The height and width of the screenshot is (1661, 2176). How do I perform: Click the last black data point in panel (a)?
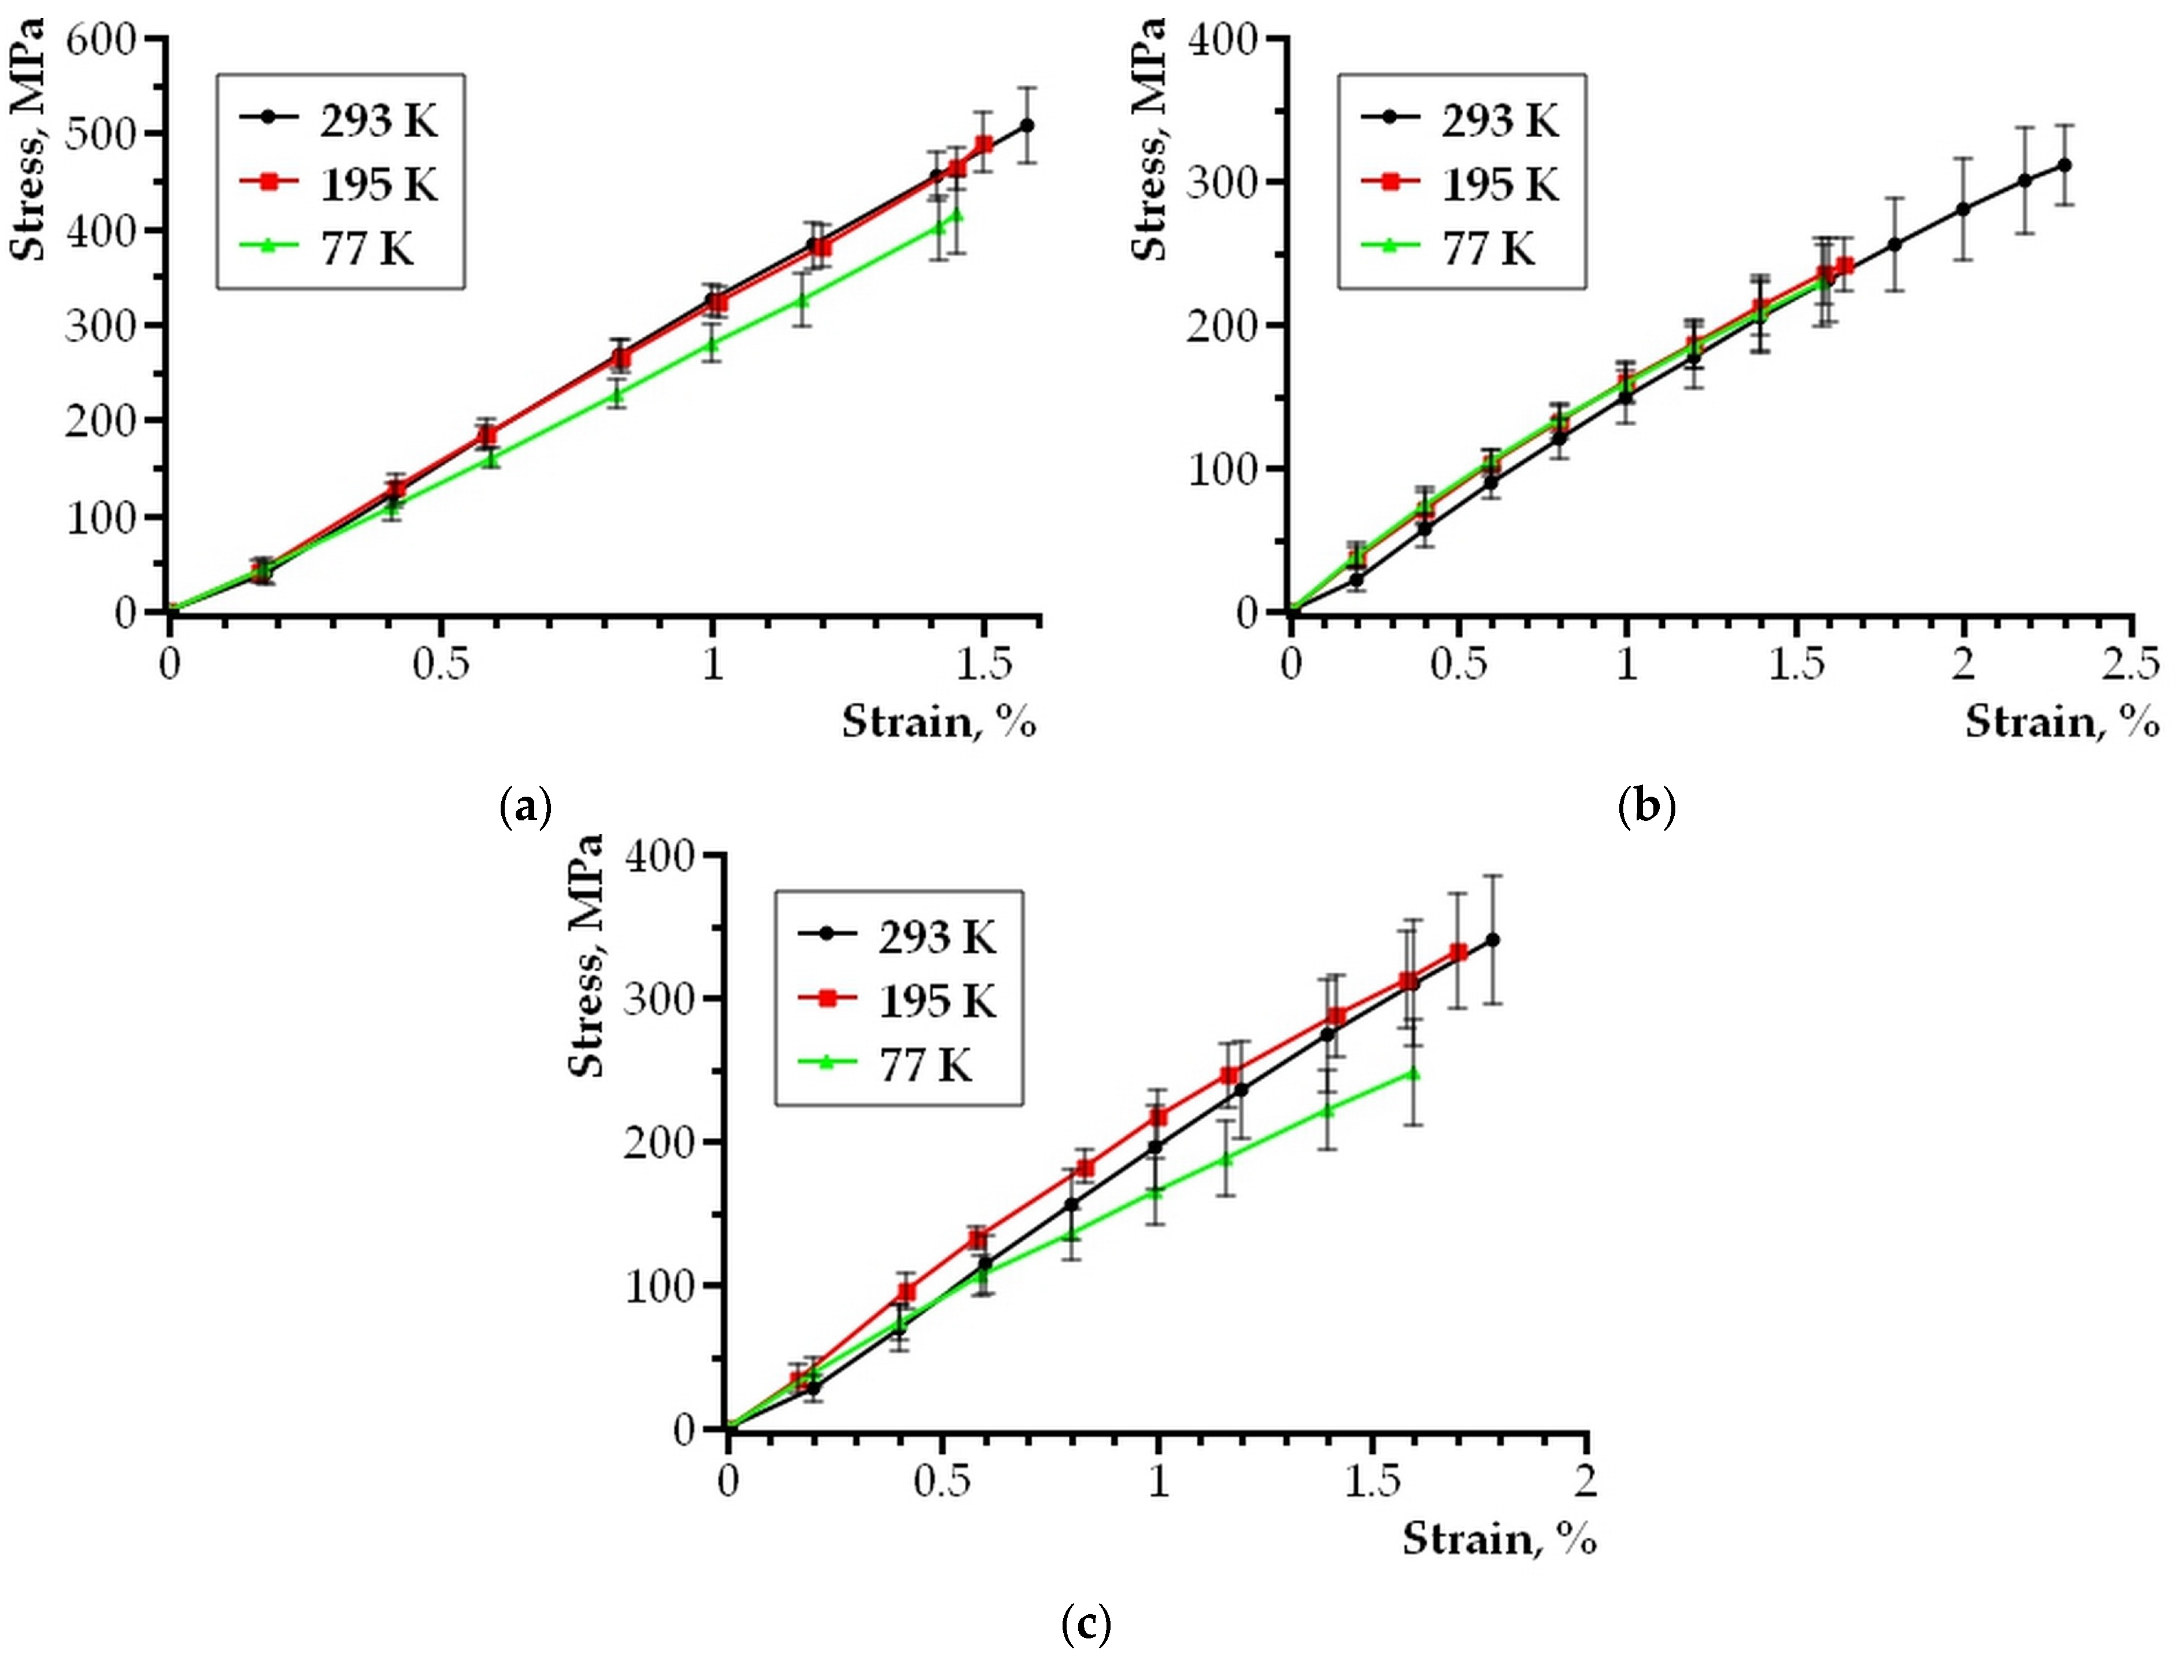tap(1026, 125)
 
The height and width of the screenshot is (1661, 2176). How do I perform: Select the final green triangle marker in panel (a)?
tap(955, 213)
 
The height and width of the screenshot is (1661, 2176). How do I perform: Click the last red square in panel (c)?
tap(1458, 952)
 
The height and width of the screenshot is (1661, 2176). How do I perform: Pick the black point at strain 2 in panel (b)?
tap(1963, 209)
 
